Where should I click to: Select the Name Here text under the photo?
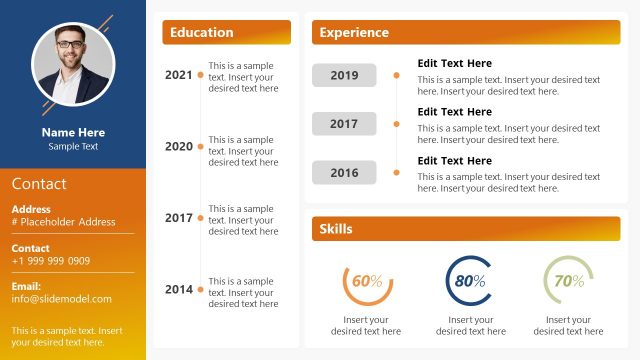(x=73, y=132)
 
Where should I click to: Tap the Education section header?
(x=226, y=33)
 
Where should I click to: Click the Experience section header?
(x=466, y=33)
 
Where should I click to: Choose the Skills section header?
(x=466, y=229)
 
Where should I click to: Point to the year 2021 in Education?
(x=179, y=75)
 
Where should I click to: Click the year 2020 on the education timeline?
(x=179, y=147)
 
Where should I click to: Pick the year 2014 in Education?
(x=179, y=290)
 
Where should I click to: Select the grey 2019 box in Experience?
(x=344, y=75)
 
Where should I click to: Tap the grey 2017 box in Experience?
(x=344, y=124)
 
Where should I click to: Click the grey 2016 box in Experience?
(x=344, y=173)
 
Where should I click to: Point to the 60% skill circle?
(x=367, y=282)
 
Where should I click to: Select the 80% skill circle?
(x=469, y=281)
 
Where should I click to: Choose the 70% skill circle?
(x=568, y=281)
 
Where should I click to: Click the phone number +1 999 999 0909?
(x=51, y=261)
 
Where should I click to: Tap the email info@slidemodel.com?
(x=62, y=299)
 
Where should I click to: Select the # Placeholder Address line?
(x=63, y=222)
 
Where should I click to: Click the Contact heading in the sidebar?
(x=39, y=184)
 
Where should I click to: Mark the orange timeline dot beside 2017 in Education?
(x=201, y=218)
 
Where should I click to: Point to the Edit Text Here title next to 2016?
(x=454, y=161)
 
